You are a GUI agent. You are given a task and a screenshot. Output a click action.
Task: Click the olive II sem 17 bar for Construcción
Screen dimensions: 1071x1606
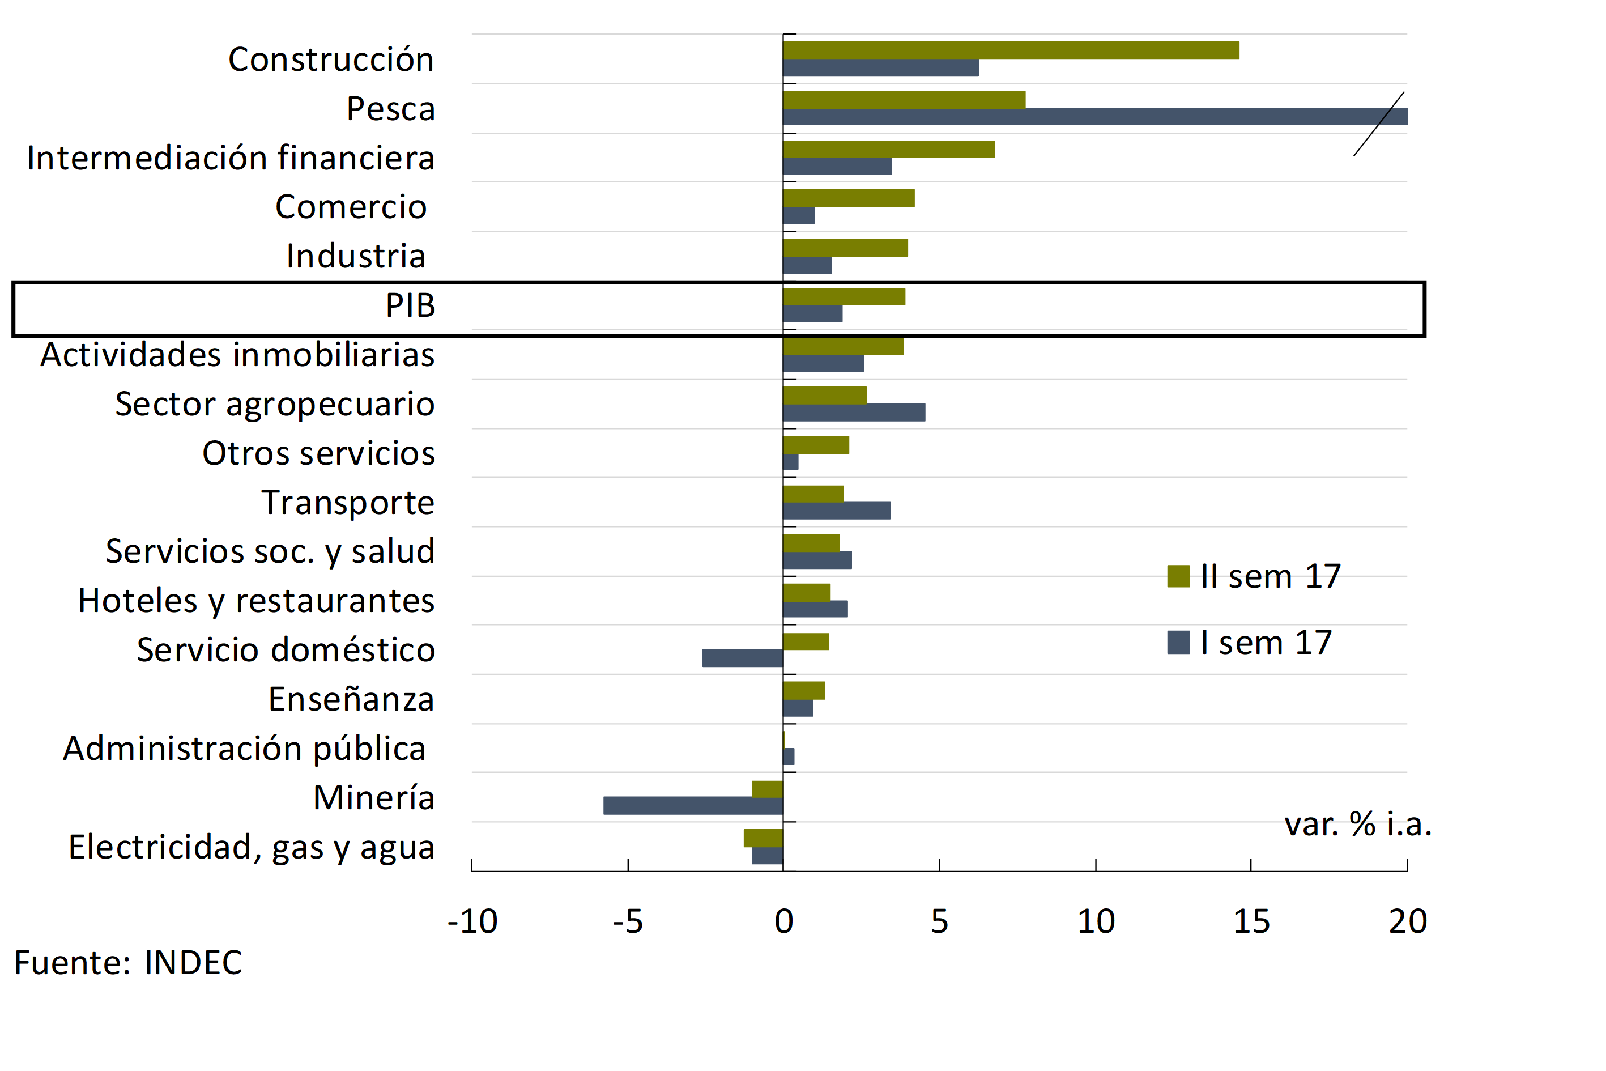pyautogui.click(x=1011, y=50)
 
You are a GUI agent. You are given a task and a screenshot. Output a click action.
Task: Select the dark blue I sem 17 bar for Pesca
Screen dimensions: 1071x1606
pyautogui.click(x=1093, y=117)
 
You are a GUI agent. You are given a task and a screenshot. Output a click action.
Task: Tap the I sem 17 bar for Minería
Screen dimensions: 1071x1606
pyautogui.click(x=693, y=806)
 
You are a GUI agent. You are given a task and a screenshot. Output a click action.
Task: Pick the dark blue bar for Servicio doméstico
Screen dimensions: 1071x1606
pyautogui.click(x=742, y=658)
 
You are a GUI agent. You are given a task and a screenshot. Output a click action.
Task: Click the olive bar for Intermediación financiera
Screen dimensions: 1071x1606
pyautogui.click(x=888, y=149)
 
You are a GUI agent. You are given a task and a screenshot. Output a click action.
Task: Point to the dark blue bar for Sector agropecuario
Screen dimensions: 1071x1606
pyautogui.click(x=854, y=413)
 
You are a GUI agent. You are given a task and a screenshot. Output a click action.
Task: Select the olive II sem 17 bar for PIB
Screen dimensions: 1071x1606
pyautogui.click(x=844, y=296)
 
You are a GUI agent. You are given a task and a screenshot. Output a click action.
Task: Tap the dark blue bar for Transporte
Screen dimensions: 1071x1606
pyautogui.click(x=837, y=510)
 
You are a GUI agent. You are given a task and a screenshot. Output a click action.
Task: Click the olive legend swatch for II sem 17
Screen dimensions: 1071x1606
pyautogui.click(x=1178, y=576)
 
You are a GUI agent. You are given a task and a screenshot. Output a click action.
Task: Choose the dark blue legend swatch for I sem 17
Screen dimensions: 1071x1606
pyautogui.click(x=1178, y=642)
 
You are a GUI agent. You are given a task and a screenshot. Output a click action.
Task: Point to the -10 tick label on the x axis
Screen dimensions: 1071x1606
pyautogui.click(x=472, y=921)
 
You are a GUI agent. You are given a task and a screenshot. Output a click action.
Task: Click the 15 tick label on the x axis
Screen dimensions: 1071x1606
pyautogui.click(x=1251, y=921)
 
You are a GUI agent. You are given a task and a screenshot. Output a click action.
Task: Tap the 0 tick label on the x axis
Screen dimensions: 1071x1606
pyautogui.click(x=784, y=921)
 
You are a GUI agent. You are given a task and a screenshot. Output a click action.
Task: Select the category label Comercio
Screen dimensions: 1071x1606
pyautogui.click(x=351, y=206)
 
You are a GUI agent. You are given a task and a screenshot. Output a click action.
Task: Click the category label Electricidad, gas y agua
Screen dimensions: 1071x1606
pyautogui.click(x=252, y=847)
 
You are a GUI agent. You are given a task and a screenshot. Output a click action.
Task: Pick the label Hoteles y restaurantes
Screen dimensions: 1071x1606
pyautogui.click(x=256, y=601)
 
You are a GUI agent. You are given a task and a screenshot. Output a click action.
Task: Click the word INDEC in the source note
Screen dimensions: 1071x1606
pyautogui.click(x=193, y=962)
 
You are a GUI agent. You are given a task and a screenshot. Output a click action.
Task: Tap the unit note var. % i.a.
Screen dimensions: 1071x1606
pyautogui.click(x=1357, y=824)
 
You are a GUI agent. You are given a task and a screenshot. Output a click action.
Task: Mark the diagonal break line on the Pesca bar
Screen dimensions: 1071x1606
pyautogui.click(x=1379, y=124)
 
